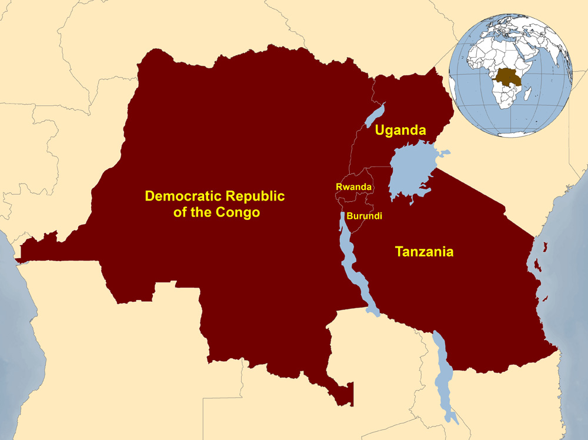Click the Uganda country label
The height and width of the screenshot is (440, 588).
tap(400, 130)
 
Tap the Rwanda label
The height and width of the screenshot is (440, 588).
tap(353, 186)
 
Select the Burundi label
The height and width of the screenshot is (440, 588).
tap(364, 216)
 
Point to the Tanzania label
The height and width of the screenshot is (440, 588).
tap(424, 252)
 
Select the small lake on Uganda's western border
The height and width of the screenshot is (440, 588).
tap(374, 115)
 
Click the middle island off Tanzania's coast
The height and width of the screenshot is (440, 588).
tap(537, 265)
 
